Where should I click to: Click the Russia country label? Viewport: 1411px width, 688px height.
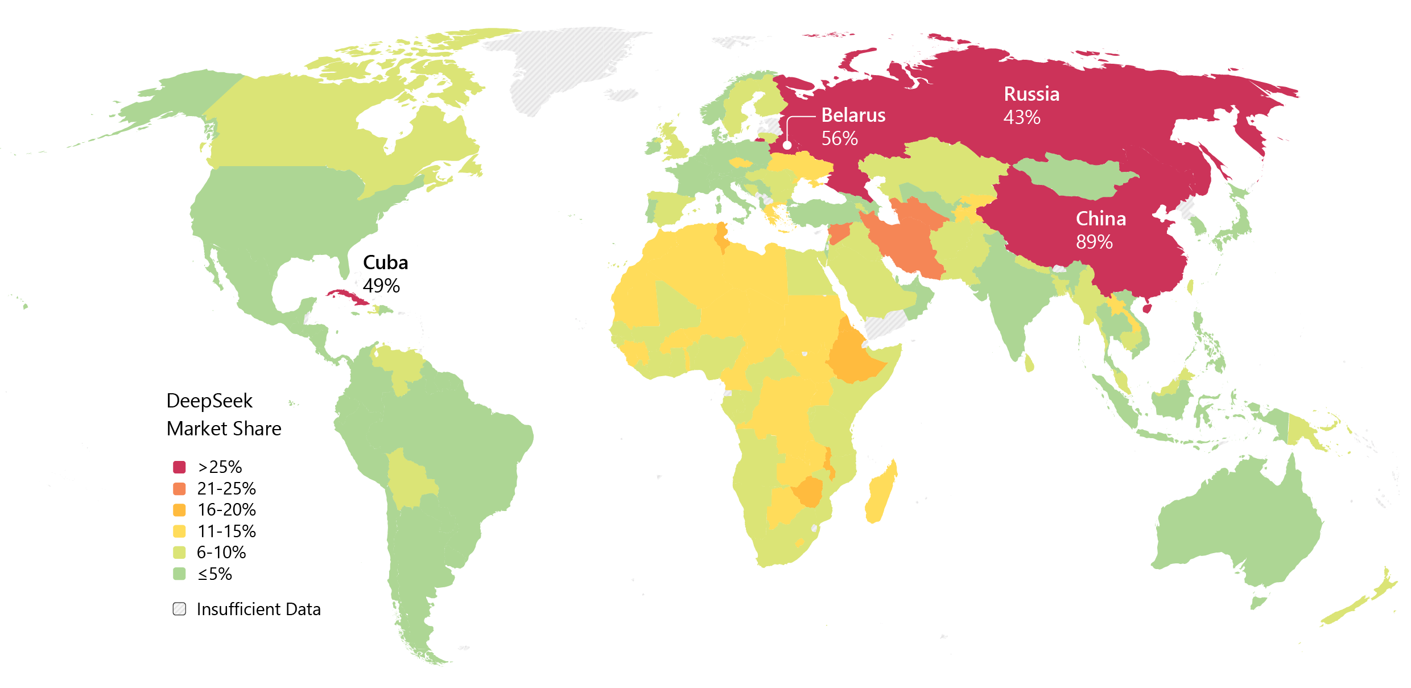pyautogui.click(x=1032, y=94)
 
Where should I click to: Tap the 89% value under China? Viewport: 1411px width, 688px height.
pyautogui.click(x=1094, y=242)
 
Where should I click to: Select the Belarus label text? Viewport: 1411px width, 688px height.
pyautogui.click(x=853, y=116)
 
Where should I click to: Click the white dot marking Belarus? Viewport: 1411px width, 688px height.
pyautogui.click(x=787, y=145)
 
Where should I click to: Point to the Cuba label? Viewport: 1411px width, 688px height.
pyautogui.click(x=385, y=262)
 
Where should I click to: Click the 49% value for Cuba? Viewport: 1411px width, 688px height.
pyautogui.click(x=381, y=286)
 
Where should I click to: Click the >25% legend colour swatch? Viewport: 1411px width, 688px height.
pyautogui.click(x=179, y=467)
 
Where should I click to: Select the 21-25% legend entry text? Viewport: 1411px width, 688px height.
pyautogui.click(x=226, y=488)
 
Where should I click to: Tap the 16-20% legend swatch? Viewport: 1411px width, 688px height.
pyautogui.click(x=179, y=510)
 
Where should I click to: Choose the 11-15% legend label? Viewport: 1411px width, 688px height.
pyautogui.click(x=226, y=531)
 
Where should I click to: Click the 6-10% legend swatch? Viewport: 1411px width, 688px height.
pyautogui.click(x=179, y=553)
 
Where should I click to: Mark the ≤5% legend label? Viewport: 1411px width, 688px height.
pyautogui.click(x=214, y=574)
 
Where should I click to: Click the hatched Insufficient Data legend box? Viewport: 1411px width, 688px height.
pyautogui.click(x=179, y=609)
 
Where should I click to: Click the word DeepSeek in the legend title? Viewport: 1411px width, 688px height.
pyautogui.click(x=209, y=401)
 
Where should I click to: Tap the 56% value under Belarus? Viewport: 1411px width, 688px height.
pyautogui.click(x=839, y=138)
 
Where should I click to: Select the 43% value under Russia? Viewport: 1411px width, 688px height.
pyautogui.click(x=1022, y=117)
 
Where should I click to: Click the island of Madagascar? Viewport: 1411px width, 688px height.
pyautogui.click(x=881, y=493)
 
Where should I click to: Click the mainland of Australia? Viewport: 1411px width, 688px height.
pyautogui.click(x=1240, y=524)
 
